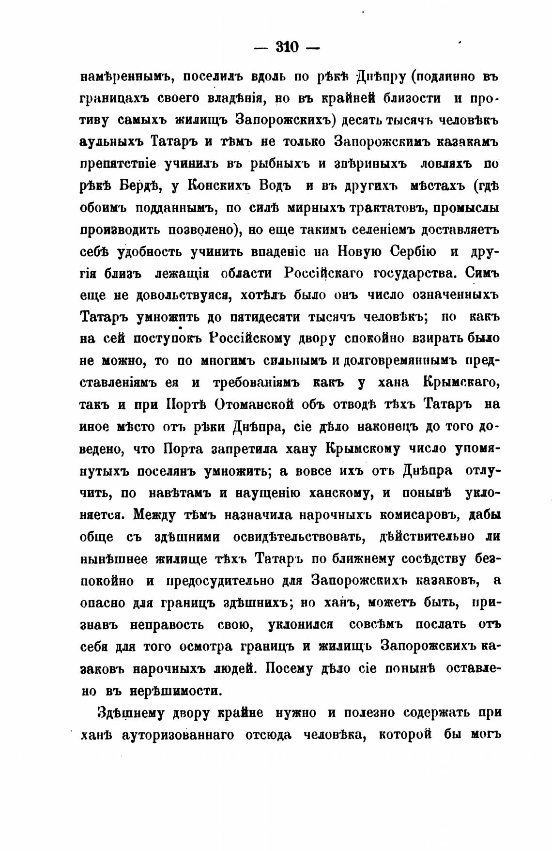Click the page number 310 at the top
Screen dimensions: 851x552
coord(288,47)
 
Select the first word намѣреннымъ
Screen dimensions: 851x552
coord(123,76)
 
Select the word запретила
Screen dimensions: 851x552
coord(238,449)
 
